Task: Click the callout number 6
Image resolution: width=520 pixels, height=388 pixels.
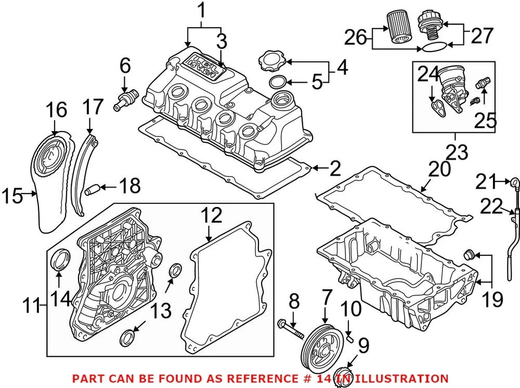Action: click(x=125, y=66)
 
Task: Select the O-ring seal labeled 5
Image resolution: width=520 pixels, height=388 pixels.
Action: click(x=277, y=82)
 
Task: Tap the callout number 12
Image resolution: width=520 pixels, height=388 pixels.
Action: click(x=212, y=215)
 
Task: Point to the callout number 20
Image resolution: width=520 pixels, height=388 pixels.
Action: click(x=440, y=170)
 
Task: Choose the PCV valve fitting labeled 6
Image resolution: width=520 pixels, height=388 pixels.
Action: click(x=126, y=100)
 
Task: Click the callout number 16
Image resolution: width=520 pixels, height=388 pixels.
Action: click(x=56, y=109)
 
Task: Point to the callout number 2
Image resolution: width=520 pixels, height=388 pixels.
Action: click(x=335, y=170)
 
